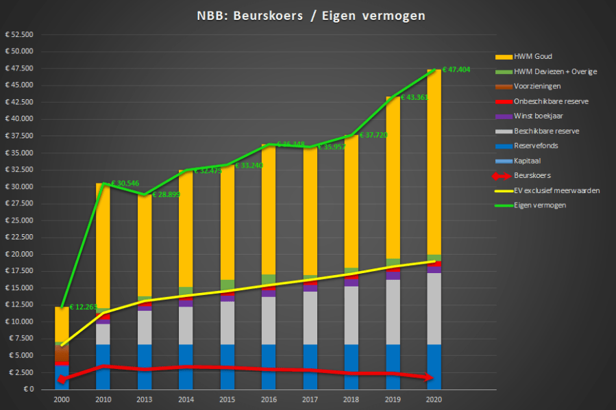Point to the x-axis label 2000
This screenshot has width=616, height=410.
coord(62,398)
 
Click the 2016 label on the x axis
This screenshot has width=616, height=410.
coord(269,398)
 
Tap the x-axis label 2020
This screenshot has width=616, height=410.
coord(434,398)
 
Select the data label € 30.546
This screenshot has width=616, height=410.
coord(129,184)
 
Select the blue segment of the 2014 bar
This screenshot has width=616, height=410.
coord(186,366)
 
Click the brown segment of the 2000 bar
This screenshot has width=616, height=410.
coord(62,352)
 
